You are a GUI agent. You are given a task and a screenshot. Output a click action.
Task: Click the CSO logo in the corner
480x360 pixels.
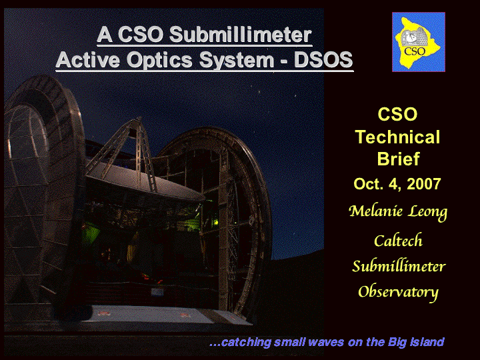tap(419, 42)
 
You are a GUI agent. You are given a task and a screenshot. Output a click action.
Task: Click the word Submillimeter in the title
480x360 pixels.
tap(240, 35)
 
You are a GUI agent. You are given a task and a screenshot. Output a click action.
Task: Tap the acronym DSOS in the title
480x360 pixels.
tap(323, 59)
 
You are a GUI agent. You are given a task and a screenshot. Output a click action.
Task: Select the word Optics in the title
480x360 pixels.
tap(159, 60)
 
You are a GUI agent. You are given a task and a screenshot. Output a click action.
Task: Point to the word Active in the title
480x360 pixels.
tap(87, 59)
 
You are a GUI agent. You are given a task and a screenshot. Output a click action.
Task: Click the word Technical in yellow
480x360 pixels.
tap(397, 137)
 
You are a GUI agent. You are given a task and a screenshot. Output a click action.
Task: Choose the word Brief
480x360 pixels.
tap(398, 159)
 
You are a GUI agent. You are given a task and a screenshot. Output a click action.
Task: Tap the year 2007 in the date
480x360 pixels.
tap(424, 184)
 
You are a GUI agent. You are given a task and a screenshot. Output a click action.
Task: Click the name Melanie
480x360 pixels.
tap(375, 211)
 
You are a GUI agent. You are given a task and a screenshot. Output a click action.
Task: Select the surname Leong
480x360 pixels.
tap(428, 212)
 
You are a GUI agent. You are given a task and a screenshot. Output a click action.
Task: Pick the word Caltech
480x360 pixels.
tap(398, 240)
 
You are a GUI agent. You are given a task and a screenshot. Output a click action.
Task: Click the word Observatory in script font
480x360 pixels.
tap(398, 293)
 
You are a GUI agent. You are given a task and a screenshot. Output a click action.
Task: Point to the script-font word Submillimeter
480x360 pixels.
tap(399, 266)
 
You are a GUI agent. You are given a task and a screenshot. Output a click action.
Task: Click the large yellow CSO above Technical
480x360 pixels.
tap(397, 114)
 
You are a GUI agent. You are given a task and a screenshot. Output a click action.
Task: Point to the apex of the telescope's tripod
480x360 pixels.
tap(139, 119)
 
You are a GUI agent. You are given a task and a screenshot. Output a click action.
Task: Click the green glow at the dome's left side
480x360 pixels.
tap(90, 233)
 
